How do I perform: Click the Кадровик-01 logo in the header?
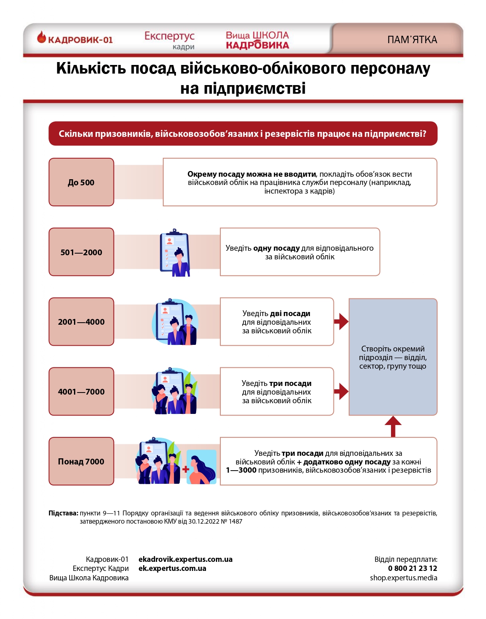coord(75,39)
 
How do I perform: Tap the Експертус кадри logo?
coord(169,40)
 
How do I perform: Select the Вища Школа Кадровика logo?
coord(257,40)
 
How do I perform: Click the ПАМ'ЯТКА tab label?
coord(412,40)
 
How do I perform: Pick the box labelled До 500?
coord(81,182)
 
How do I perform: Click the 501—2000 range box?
coord(81,252)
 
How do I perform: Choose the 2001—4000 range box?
coord(81,322)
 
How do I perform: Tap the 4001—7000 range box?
coord(81,391)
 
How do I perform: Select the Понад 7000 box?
coord(81,461)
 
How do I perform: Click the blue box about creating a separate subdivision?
coord(393,357)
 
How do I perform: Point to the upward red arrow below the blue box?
coord(393,426)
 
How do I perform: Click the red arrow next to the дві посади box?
coord(341,321)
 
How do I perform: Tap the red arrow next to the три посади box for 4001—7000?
coord(341,391)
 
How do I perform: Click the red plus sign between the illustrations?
coord(186,469)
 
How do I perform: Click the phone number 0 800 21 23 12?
coord(412,568)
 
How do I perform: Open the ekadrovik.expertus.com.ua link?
coord(185,559)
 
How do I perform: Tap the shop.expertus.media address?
coord(403,578)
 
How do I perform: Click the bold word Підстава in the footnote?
coord(63,513)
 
